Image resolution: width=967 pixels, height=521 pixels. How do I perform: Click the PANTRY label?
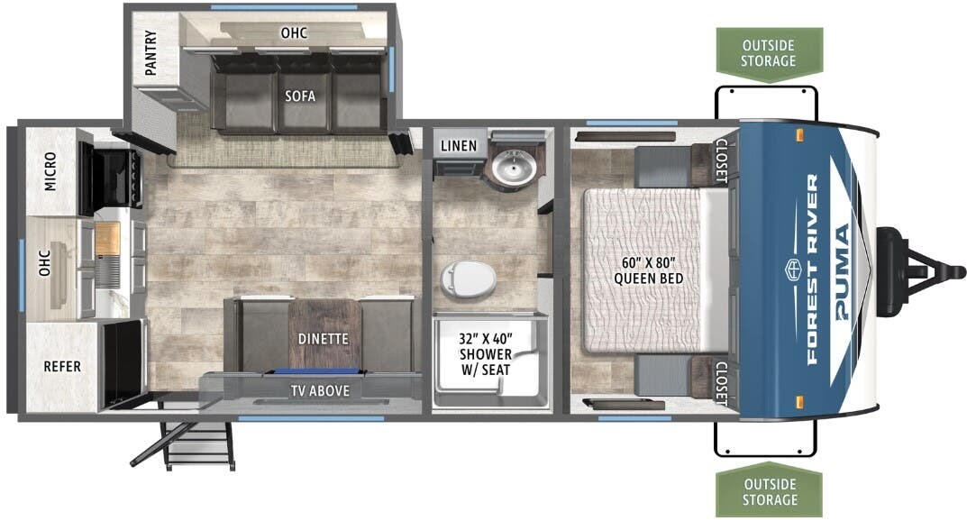click(x=151, y=54)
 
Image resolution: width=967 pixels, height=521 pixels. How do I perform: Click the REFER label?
click(x=62, y=366)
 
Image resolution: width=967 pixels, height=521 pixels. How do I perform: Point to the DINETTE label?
click(x=323, y=339)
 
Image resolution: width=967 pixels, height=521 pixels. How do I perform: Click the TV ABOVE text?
click(x=319, y=390)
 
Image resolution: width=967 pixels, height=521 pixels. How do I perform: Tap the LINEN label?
click(x=459, y=146)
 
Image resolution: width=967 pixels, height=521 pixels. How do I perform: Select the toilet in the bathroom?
click(x=469, y=276)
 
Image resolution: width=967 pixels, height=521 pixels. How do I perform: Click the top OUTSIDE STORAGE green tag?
click(x=769, y=53)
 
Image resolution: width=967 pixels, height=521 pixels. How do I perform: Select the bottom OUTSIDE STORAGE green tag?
click(x=769, y=491)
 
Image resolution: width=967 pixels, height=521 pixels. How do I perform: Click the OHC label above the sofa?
click(x=294, y=33)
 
